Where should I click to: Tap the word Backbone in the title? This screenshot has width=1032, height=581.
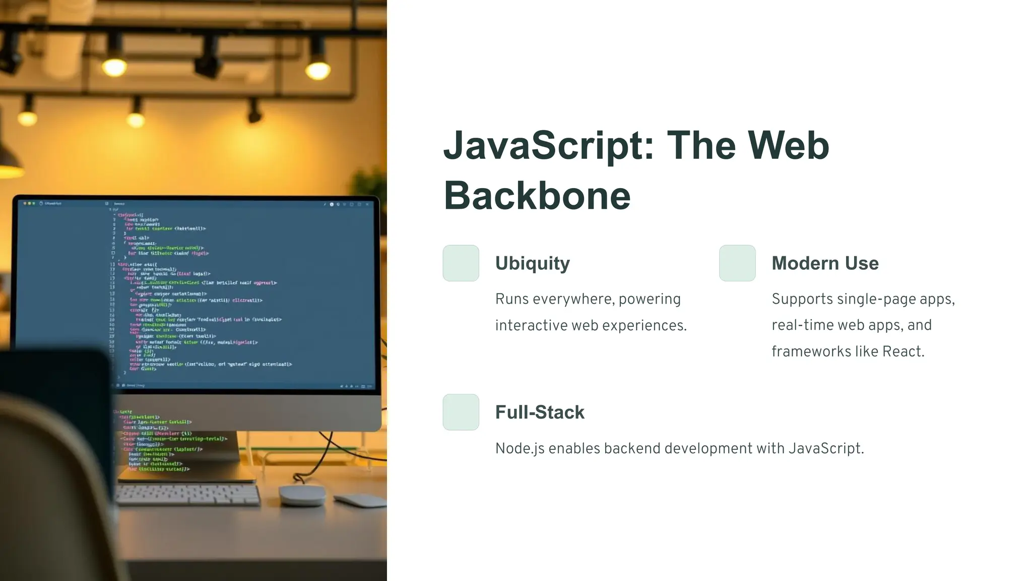click(x=537, y=196)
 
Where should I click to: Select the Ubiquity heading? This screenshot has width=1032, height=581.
click(x=532, y=263)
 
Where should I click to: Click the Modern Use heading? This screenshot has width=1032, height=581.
click(x=825, y=263)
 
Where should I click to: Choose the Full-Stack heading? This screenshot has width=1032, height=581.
click(x=540, y=412)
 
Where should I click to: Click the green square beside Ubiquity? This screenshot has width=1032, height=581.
click(x=461, y=263)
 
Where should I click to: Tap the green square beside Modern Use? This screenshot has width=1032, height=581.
click(x=737, y=263)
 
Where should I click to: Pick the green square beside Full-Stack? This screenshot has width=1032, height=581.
click(x=461, y=412)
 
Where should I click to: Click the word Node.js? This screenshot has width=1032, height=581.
click(x=520, y=448)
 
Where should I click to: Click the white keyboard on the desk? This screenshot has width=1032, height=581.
click(x=187, y=495)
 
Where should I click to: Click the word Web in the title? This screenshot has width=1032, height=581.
click(x=788, y=145)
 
